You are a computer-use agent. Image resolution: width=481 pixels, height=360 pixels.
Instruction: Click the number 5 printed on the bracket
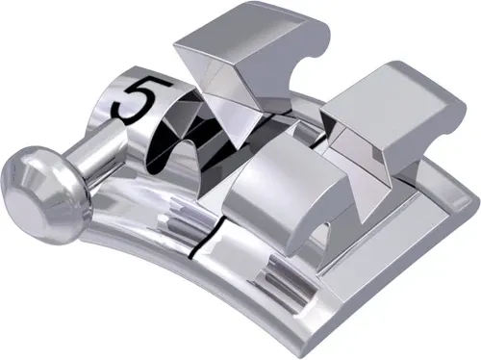click(x=134, y=99)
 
